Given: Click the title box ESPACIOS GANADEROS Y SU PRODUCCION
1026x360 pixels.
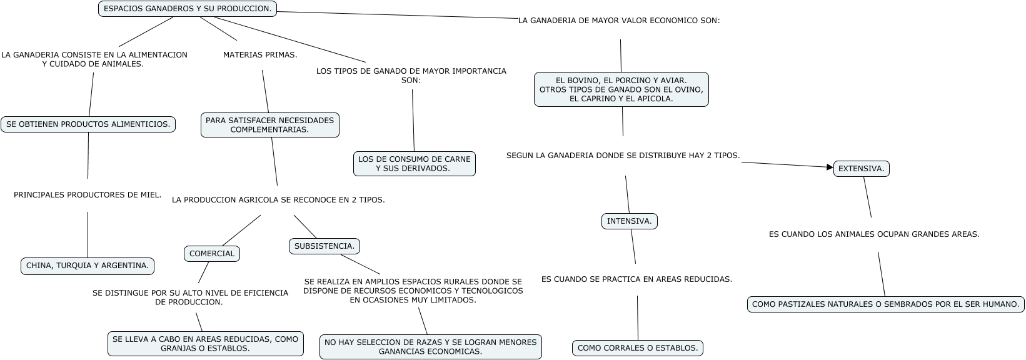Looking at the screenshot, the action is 187,9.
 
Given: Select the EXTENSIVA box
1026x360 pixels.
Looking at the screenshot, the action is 861,169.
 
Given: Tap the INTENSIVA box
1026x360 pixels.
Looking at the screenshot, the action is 629,221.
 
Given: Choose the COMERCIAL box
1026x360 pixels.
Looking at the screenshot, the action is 212,254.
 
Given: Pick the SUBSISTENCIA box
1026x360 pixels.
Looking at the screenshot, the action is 324,246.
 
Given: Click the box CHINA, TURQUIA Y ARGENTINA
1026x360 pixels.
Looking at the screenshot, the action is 88,266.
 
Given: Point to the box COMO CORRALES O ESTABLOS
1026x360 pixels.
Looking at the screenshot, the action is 637,348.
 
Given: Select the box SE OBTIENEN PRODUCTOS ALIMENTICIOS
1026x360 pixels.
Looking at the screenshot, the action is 88,124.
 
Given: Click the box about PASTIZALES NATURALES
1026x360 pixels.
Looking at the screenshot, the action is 885,304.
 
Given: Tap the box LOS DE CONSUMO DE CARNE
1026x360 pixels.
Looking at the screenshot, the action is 414,164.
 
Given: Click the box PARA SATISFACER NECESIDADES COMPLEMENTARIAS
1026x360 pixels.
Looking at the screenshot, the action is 269,125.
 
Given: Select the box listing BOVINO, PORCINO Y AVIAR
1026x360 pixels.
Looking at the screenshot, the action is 621,89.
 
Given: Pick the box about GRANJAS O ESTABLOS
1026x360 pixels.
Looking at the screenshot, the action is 205,344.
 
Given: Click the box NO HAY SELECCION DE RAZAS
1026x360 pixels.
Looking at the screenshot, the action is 430,347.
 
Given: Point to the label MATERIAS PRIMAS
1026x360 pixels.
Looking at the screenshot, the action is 260,55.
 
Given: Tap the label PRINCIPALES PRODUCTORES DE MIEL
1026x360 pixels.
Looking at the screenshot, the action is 88,195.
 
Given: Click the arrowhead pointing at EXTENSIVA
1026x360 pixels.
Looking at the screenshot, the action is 830,167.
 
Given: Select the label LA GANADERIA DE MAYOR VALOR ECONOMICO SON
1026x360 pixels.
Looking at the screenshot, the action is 619,21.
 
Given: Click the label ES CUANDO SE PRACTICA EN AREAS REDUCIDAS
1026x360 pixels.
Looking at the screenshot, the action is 636,279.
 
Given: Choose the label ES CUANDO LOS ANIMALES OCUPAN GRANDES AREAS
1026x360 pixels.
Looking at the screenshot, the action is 873,235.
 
